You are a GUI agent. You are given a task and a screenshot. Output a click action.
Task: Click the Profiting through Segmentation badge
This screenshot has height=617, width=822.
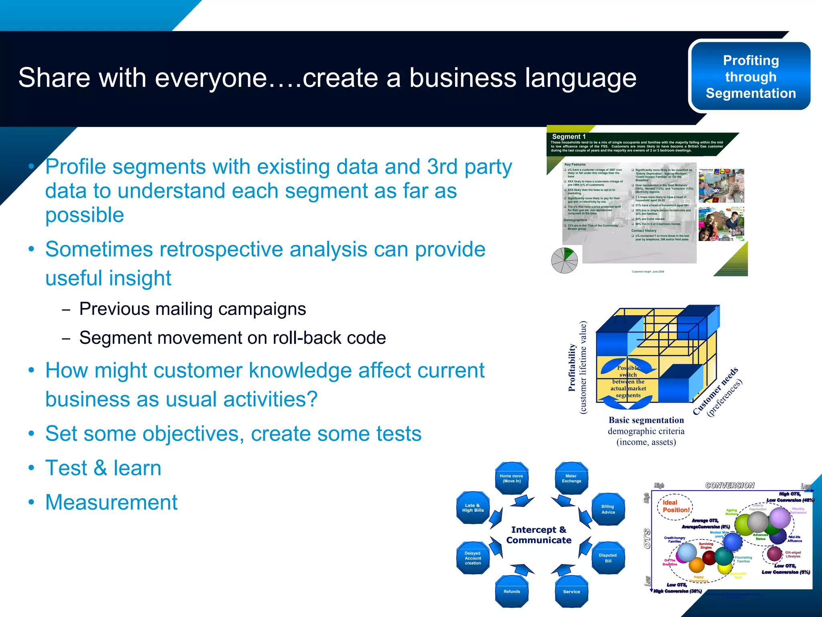751,76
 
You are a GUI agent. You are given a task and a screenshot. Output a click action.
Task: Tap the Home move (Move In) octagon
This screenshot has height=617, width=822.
511,478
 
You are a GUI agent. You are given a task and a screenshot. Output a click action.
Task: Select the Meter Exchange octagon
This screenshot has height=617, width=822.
571,478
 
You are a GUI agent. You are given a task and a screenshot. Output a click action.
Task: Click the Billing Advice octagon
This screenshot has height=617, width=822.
608,509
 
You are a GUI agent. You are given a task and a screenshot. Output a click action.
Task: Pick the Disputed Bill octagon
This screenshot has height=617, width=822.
608,558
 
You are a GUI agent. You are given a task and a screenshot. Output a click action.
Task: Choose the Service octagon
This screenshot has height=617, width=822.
571,591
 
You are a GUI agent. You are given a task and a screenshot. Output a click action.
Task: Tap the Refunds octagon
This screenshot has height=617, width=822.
512,591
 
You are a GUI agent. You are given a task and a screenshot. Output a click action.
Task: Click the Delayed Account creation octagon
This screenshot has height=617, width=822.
473,558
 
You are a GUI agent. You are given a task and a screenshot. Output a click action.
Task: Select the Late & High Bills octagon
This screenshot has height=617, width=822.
473,508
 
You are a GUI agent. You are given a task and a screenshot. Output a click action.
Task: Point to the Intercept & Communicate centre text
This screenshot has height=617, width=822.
539,535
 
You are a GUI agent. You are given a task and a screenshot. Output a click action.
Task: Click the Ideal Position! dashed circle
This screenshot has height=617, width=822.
675,507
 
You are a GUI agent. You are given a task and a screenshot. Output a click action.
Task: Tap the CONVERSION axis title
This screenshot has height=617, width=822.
730,485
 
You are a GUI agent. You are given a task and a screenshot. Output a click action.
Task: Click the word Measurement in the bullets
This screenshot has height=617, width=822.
111,502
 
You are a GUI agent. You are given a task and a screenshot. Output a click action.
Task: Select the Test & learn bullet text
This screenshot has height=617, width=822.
103,468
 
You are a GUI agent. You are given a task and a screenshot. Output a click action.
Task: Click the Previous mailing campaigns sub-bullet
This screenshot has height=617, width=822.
192,309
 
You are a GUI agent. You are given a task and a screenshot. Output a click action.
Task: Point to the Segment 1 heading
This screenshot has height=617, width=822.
569,137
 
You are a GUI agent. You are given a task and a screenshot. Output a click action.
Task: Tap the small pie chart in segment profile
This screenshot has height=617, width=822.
564,261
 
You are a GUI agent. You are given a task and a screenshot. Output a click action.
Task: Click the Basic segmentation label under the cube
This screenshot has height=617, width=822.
646,420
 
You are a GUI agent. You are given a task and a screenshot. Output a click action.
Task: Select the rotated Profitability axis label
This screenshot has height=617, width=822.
572,368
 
